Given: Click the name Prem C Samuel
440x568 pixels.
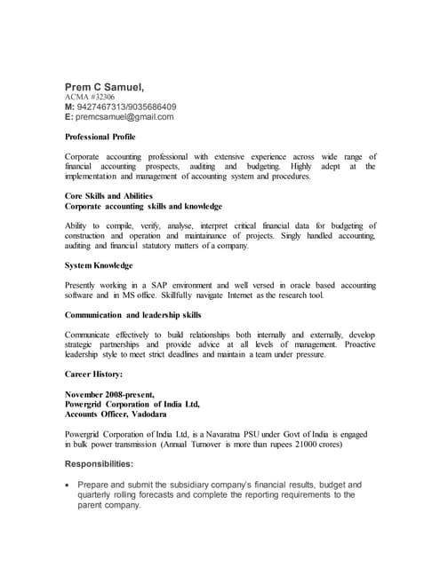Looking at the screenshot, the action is (104, 86).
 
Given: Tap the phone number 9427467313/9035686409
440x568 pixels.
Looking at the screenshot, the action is (127, 106).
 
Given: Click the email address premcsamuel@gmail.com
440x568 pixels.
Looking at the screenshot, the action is (124, 116).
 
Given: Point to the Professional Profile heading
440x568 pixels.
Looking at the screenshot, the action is (100, 138).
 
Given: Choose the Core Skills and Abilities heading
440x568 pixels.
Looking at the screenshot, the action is (109, 195).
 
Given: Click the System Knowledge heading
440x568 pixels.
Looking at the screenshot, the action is (100, 265).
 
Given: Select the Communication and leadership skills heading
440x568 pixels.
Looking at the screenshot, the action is (133, 315).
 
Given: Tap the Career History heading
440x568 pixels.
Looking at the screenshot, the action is (94, 375).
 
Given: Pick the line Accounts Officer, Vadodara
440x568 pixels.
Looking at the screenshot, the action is (121, 414).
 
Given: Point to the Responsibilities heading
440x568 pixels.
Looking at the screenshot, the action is (100, 464).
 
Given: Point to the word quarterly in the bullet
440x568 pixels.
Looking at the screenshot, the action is (100, 495).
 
